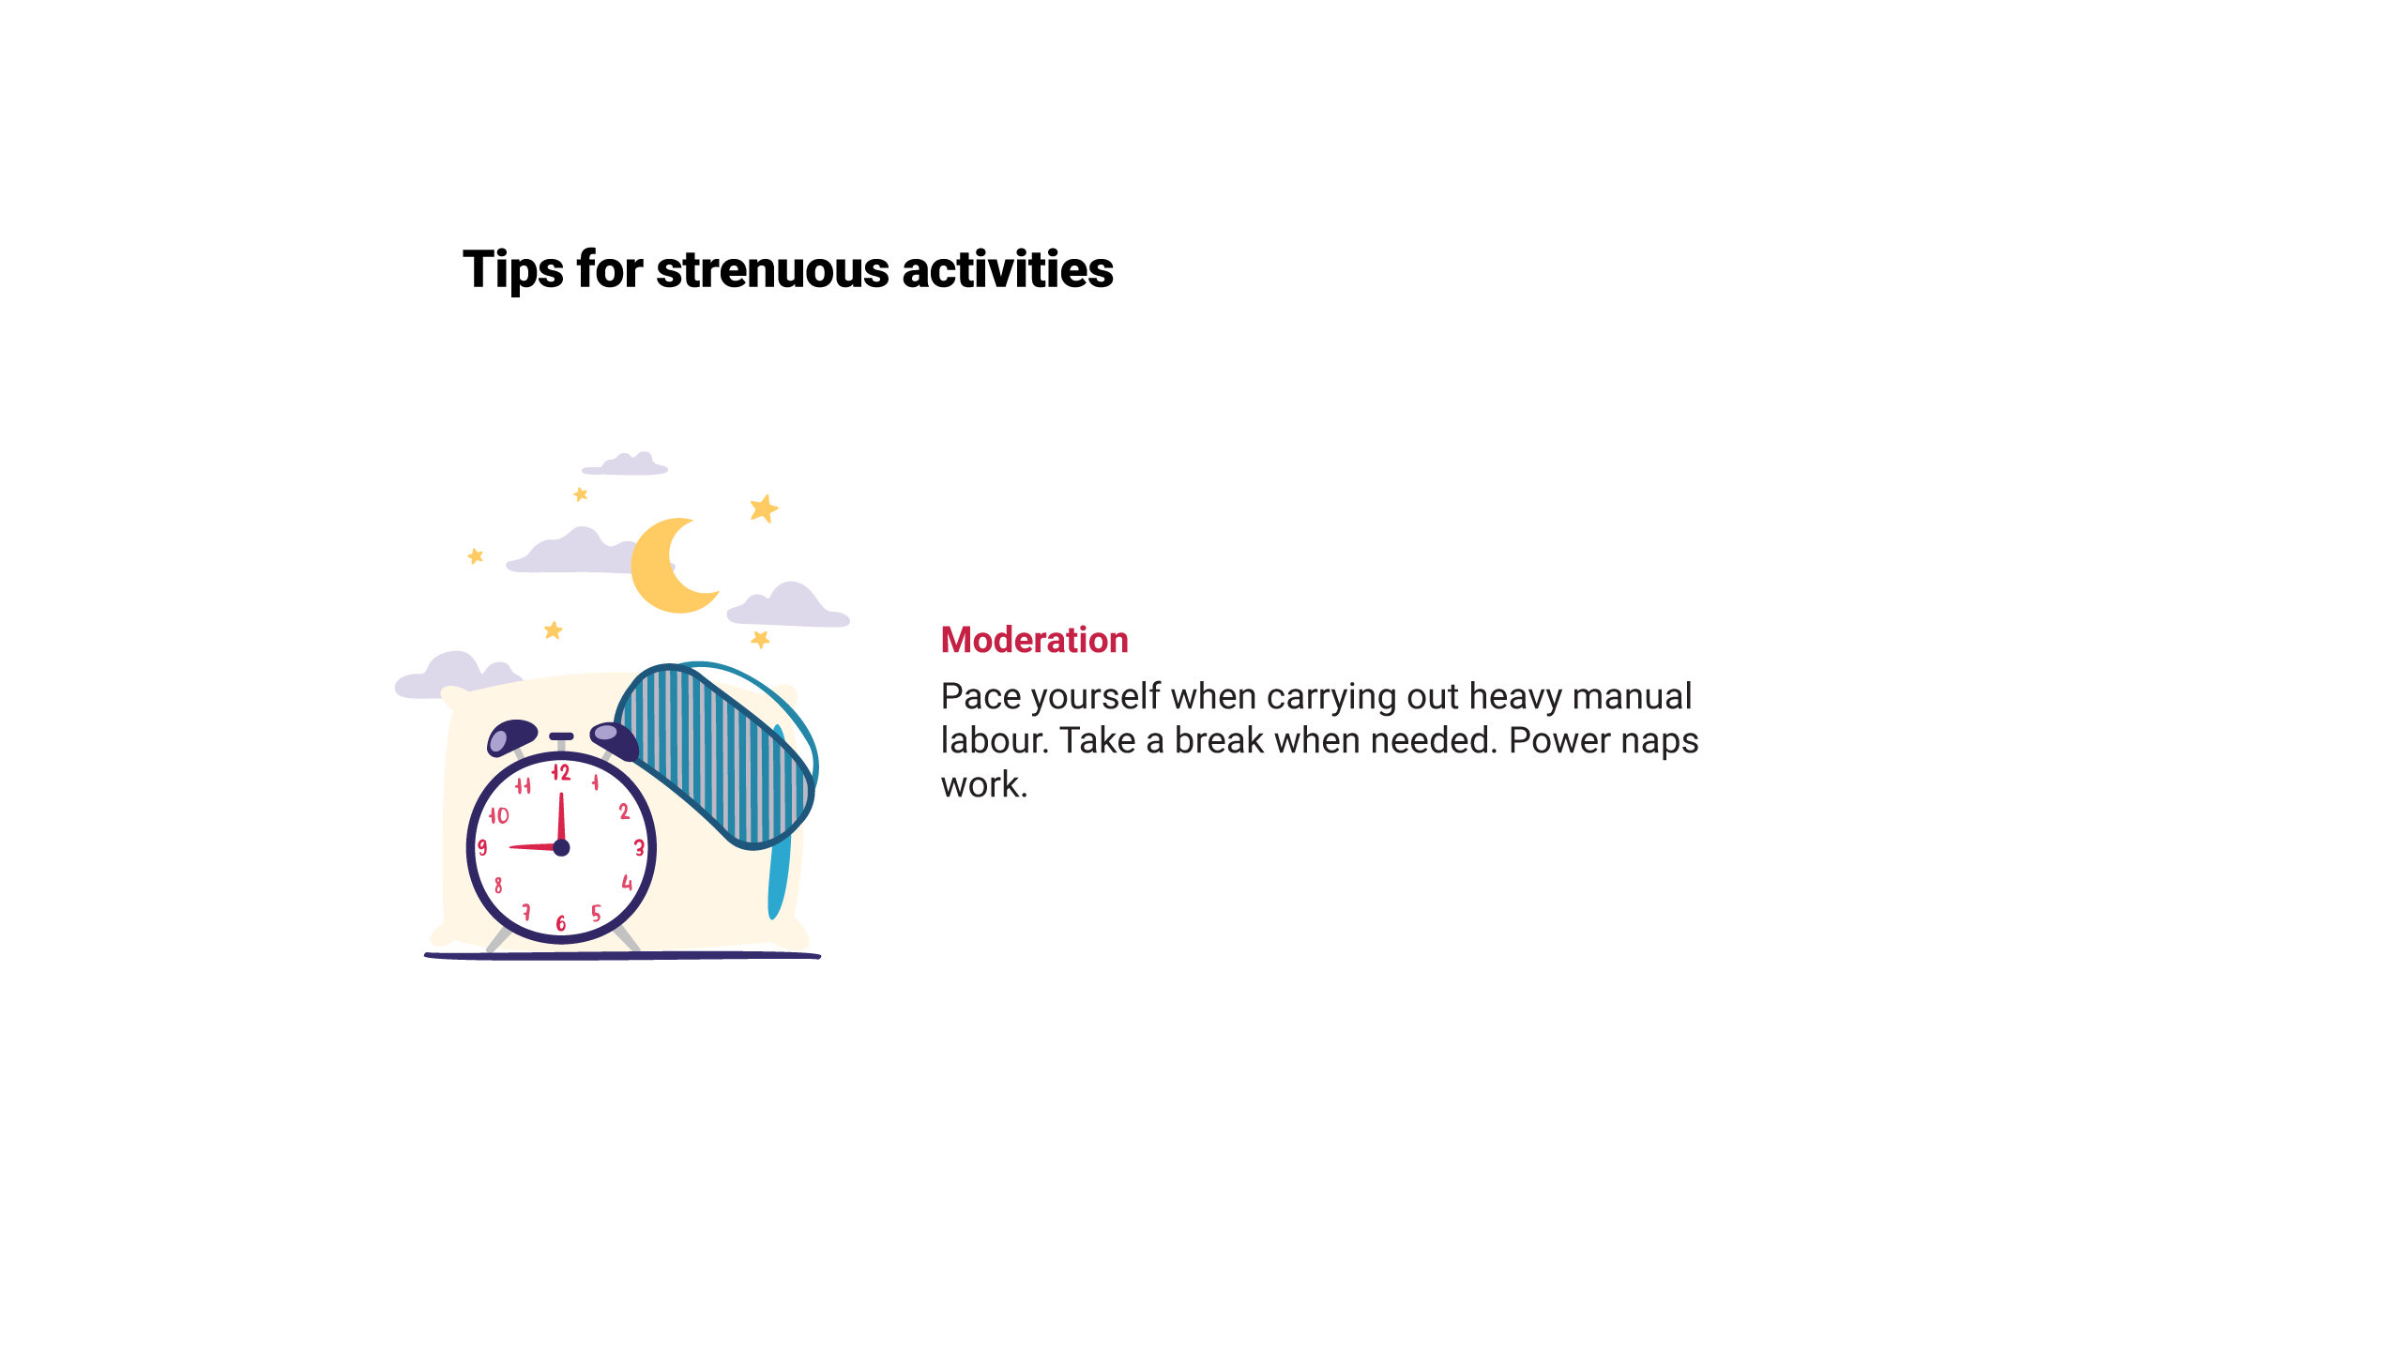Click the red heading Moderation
1034,640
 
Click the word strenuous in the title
772,269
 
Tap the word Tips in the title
513,271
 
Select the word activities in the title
1008,269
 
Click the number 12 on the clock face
561,772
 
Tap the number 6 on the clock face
561,923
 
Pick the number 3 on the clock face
639,848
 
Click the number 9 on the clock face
482,848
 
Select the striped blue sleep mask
715,755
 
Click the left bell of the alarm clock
511,736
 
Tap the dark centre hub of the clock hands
561,848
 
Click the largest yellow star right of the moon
764,509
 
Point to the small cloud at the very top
626,463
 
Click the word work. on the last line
984,785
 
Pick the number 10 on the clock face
498,815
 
